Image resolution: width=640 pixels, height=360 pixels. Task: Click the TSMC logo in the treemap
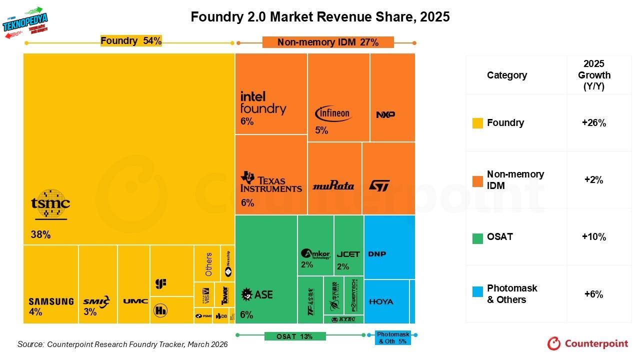coord(50,204)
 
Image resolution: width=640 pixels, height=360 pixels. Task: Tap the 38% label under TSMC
coord(40,234)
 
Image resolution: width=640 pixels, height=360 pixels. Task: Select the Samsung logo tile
coord(51,301)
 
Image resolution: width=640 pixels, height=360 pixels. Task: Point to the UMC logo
coord(135,301)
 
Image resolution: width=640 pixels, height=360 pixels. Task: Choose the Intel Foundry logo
coord(263,103)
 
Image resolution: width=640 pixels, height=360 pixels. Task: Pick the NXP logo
coord(385,114)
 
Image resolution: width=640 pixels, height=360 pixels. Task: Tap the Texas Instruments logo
coord(271,182)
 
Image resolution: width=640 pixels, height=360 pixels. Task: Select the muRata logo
coord(333,186)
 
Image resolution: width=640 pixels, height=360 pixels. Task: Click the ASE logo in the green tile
coord(257,294)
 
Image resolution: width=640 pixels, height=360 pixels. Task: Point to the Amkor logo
coord(315,254)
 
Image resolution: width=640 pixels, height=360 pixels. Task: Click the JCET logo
coord(348,254)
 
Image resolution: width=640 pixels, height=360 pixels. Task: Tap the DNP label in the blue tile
coord(377,254)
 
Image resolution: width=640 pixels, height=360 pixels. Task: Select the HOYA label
coord(381,301)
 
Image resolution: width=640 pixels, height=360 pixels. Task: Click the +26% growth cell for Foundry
coord(594,123)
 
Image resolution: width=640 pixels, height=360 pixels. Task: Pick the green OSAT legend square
coord(477,237)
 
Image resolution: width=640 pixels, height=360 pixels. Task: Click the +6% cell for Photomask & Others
coord(594,294)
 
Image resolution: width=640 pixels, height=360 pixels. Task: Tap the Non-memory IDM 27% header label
coord(328,42)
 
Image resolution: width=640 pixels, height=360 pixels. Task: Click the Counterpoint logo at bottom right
coord(587,343)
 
